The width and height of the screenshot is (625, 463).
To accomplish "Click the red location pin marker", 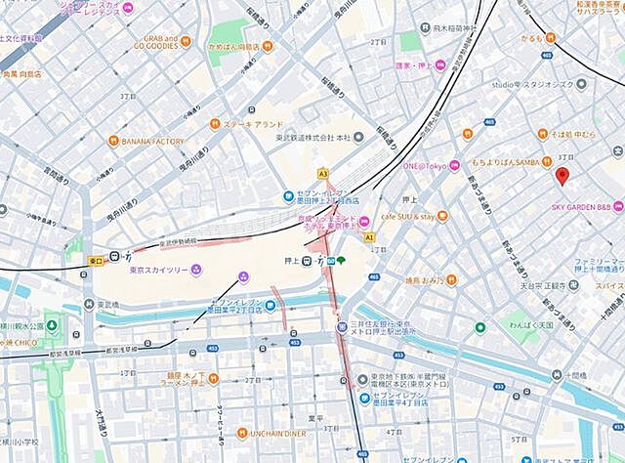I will (x=562, y=177).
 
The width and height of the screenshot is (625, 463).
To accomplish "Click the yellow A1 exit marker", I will (x=369, y=236).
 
